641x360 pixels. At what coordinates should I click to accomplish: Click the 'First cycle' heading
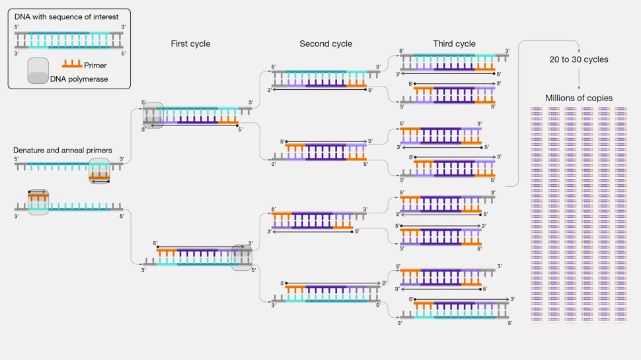pos(190,44)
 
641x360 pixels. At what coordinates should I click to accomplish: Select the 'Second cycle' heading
pos(326,44)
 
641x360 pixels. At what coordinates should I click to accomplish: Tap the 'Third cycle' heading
pos(454,44)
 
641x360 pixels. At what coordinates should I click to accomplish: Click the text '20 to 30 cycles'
pos(578,59)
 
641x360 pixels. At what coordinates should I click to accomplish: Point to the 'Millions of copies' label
pos(578,98)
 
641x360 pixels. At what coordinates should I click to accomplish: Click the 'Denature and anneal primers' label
pos(63,151)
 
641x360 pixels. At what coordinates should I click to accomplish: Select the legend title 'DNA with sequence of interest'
pos(66,17)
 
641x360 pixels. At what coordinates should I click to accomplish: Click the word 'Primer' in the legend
pos(95,65)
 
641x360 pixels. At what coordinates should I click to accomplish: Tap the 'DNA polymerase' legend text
pos(79,79)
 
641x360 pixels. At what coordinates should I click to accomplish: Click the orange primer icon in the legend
pos(72,64)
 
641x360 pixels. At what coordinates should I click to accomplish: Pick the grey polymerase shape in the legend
pos(38,71)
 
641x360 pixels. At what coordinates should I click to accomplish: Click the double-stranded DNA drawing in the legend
pos(69,40)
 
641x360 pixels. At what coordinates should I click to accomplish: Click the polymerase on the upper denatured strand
pos(99,171)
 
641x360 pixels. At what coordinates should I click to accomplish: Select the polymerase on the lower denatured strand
pos(38,202)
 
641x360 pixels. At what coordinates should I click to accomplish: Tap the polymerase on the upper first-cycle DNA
pos(153,115)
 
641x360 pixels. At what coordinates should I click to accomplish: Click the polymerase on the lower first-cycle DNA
pos(242,258)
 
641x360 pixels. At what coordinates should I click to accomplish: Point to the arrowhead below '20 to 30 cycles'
pos(578,89)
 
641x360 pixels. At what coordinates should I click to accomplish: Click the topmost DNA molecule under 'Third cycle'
pos(455,63)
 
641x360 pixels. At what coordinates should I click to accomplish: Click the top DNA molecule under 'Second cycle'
pos(326,79)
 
